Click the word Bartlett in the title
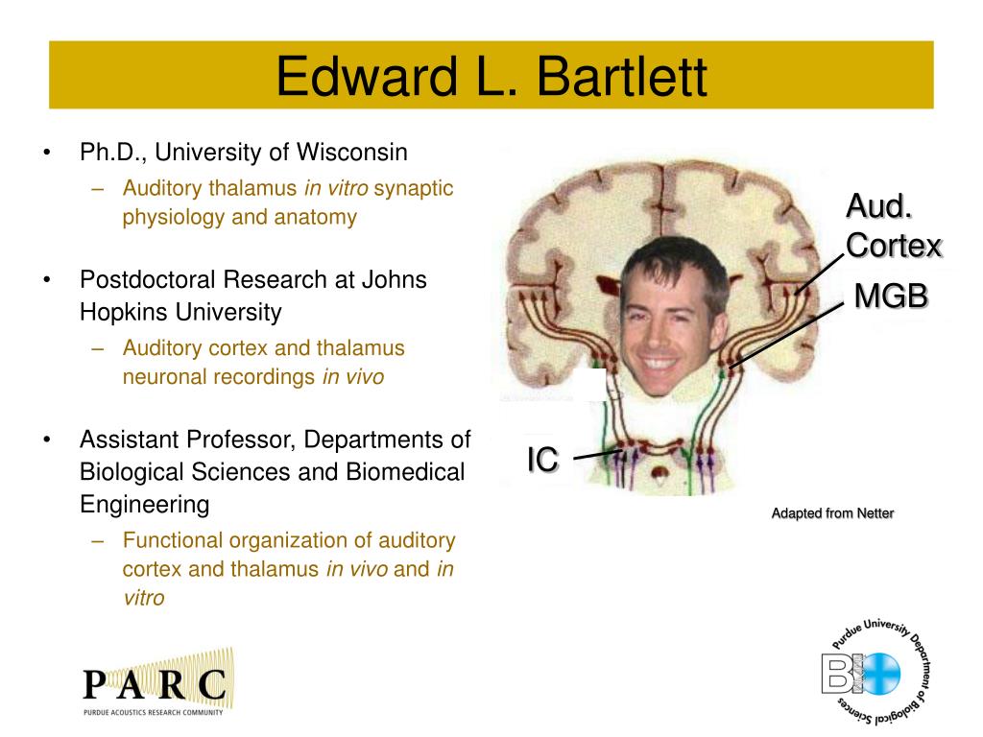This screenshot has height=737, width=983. click(x=622, y=76)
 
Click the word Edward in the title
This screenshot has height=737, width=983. click(x=367, y=76)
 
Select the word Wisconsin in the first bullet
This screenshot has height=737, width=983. click(x=351, y=152)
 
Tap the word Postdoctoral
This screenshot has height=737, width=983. click(x=147, y=279)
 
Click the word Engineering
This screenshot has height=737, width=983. click(x=145, y=505)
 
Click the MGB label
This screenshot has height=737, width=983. click(x=891, y=296)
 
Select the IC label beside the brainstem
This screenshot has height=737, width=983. click(x=542, y=460)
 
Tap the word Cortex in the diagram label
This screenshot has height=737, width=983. click(x=894, y=245)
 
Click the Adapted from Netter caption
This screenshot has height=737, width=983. click(x=832, y=513)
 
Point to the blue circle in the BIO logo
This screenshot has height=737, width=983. click(x=881, y=674)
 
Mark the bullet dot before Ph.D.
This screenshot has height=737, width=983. click(x=47, y=153)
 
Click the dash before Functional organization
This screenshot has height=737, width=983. click(x=97, y=541)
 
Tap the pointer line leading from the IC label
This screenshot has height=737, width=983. click(x=598, y=454)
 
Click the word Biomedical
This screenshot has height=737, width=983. click(x=405, y=472)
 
